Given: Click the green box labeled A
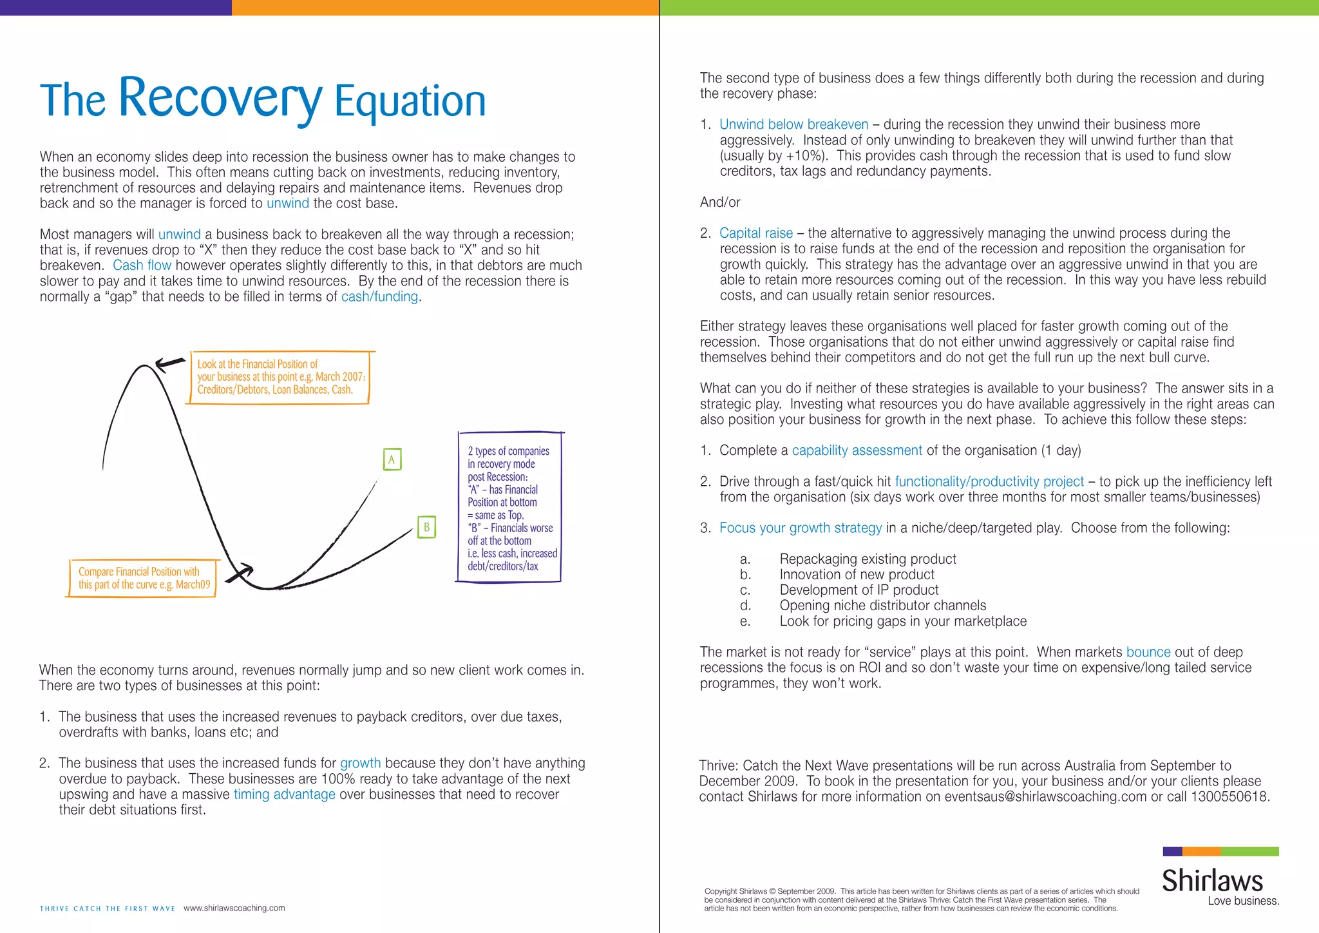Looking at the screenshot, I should (392, 459).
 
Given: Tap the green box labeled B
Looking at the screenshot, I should (426, 527).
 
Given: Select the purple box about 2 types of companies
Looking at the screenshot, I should (509, 508).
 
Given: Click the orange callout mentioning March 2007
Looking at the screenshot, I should (280, 377).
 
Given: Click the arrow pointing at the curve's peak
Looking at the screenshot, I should (170, 364).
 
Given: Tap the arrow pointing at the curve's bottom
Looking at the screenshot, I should (241, 572).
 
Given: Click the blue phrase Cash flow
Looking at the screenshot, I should (142, 265).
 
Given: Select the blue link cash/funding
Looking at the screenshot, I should (379, 296).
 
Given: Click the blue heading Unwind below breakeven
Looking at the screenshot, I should (793, 124).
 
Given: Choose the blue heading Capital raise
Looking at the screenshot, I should (755, 233).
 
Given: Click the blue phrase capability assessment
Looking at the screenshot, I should (857, 450).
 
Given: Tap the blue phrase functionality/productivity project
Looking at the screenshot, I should (989, 481).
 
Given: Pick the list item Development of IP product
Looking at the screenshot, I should (859, 590).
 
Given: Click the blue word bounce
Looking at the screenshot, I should (1148, 652).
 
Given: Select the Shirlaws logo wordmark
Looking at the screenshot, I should (1212, 881).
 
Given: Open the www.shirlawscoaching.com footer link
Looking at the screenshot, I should (234, 908).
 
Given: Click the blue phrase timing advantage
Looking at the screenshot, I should (284, 794).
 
